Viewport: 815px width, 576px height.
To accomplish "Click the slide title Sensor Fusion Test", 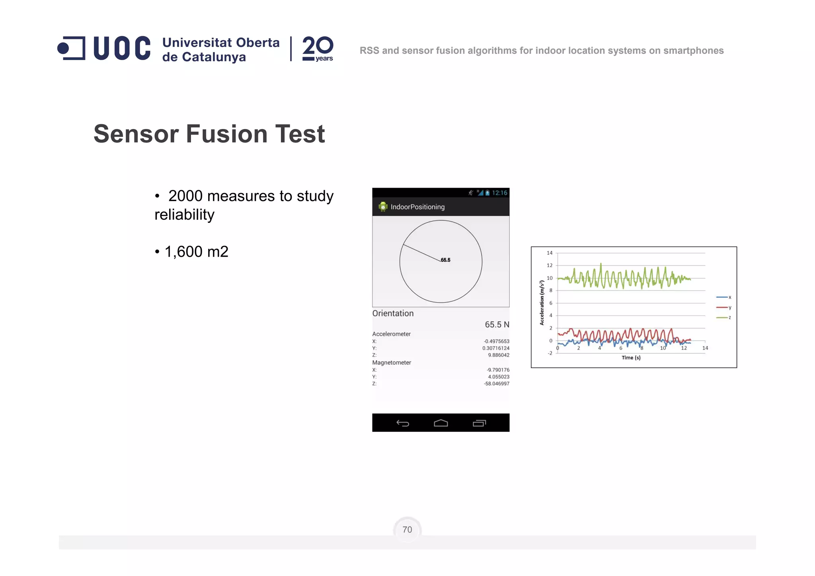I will [x=209, y=134].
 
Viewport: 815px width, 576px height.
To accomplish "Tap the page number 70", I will [x=407, y=529].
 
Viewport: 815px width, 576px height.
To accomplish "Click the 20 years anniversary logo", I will [x=318, y=49].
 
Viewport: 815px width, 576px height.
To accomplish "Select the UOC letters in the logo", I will [x=122, y=48].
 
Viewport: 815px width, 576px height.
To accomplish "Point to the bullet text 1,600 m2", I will [x=196, y=252].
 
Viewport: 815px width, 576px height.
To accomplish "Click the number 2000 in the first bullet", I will [x=185, y=196].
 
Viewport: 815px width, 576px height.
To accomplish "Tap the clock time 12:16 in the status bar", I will [x=499, y=193].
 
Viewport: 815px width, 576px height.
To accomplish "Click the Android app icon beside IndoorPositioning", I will [x=383, y=207].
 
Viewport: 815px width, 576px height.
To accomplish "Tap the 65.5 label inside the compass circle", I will [x=446, y=260].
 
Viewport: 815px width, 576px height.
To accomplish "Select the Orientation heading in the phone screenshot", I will [x=393, y=313].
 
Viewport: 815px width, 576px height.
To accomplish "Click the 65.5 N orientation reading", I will [x=497, y=324].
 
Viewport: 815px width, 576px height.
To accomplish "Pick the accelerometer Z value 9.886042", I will [x=499, y=355].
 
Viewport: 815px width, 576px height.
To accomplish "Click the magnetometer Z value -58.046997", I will [x=496, y=384].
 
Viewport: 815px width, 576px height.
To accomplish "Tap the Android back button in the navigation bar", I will [x=403, y=423].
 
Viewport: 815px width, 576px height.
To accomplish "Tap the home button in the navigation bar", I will [x=441, y=423].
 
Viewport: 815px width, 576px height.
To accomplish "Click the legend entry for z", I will [x=724, y=318].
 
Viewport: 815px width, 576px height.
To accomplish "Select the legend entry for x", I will [x=724, y=297].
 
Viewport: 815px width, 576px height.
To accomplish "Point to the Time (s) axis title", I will [x=631, y=357].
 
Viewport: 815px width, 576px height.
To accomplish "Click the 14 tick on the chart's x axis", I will [x=705, y=348].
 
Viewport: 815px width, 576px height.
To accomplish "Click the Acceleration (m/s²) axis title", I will [x=542, y=303].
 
